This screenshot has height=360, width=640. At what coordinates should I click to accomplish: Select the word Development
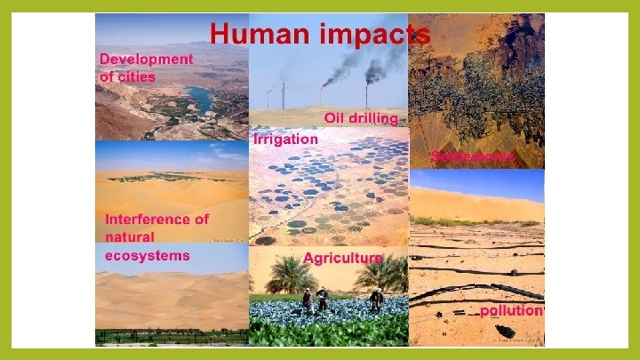[x=146, y=59]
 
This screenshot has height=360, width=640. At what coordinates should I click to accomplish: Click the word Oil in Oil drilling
[x=335, y=118]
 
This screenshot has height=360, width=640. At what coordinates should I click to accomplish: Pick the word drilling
[x=376, y=119]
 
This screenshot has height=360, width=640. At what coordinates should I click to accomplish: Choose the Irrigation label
[x=285, y=140]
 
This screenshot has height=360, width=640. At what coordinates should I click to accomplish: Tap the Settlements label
[x=474, y=156]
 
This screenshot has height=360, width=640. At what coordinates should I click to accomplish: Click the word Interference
[x=157, y=219]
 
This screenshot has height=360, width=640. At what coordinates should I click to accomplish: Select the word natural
[x=130, y=236]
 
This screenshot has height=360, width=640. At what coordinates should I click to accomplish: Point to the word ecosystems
[x=148, y=255]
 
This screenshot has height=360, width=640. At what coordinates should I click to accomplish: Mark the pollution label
[x=511, y=311]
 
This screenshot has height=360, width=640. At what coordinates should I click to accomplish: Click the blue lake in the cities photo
[x=198, y=99]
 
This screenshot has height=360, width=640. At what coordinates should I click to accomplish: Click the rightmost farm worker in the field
[x=376, y=300]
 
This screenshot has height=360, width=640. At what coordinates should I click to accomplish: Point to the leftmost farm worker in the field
[x=308, y=299]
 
